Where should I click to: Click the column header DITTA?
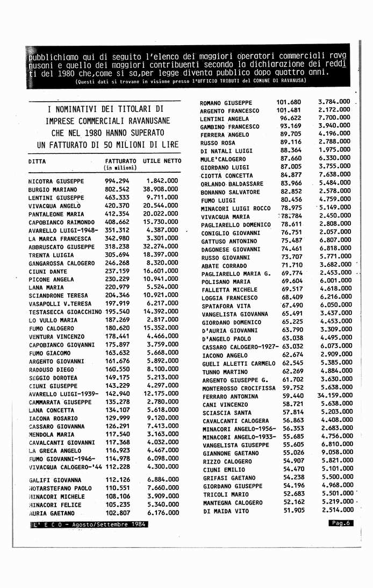tap(37, 161)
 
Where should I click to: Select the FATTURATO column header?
tap(120, 161)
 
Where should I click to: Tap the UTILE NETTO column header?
tap(162, 161)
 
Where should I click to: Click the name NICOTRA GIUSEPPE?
tap(56, 181)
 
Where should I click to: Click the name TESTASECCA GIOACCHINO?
tap(65, 312)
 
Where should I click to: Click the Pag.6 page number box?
tap(341, 523)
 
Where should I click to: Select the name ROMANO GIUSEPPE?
tap(226, 103)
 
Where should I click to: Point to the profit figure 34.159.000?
tap(334, 396)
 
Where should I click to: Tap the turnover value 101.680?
tap(289, 102)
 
